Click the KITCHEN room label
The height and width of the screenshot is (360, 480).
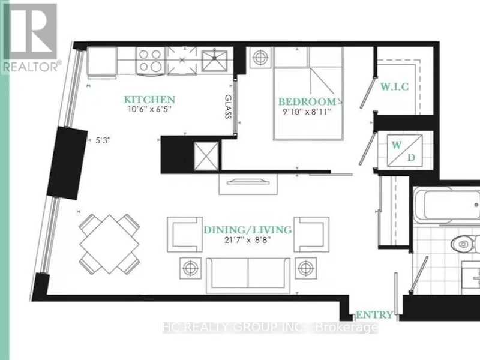point(149,100)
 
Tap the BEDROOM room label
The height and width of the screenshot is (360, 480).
point(307,101)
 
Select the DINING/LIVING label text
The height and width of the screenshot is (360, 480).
point(248,230)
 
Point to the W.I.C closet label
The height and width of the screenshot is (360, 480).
point(395,86)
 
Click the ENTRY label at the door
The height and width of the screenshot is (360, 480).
point(374,314)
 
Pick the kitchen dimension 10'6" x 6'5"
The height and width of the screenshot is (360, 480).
point(149,109)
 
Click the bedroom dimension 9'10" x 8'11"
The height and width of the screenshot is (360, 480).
point(307,112)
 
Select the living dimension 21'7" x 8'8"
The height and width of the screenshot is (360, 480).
point(248,239)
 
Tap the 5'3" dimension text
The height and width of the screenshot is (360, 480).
point(103,140)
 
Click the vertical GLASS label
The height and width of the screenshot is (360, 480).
point(228,106)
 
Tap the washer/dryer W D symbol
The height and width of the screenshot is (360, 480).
point(405,151)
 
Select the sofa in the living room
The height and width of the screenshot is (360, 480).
point(248,275)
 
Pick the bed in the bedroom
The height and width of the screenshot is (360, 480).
point(308,94)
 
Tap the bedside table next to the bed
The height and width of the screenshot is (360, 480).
point(260,57)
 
